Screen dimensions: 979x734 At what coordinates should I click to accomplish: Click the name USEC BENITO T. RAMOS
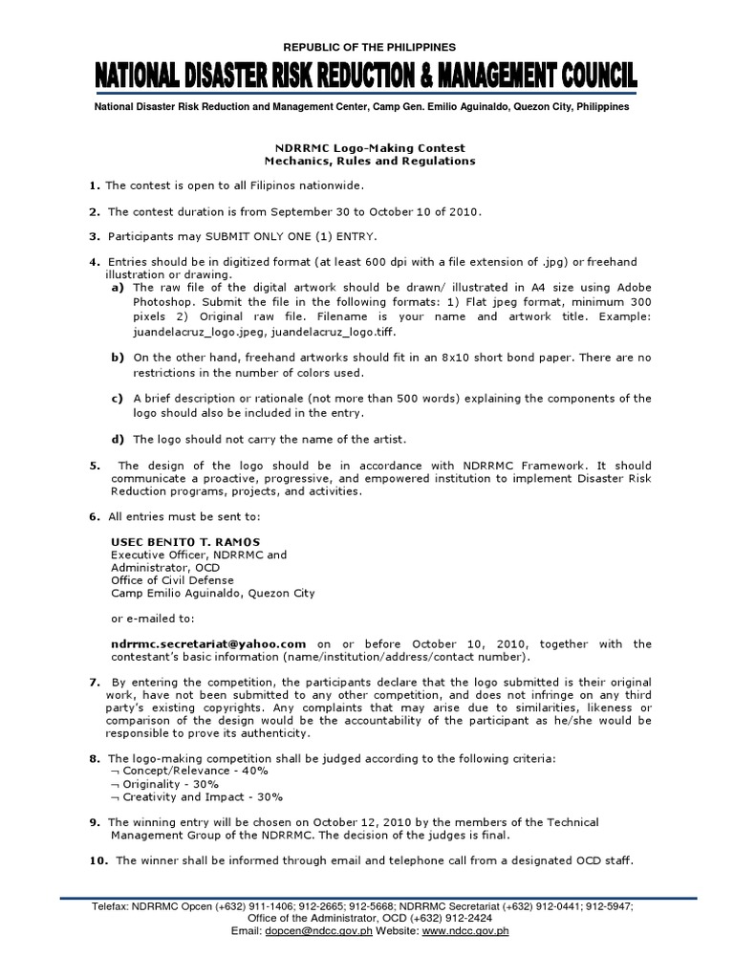(172, 541)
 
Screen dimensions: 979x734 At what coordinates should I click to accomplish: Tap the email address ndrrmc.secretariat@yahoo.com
(208, 644)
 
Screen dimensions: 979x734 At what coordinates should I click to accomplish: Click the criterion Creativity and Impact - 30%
(202, 797)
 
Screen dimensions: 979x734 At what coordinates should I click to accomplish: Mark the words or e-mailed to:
(152, 619)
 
